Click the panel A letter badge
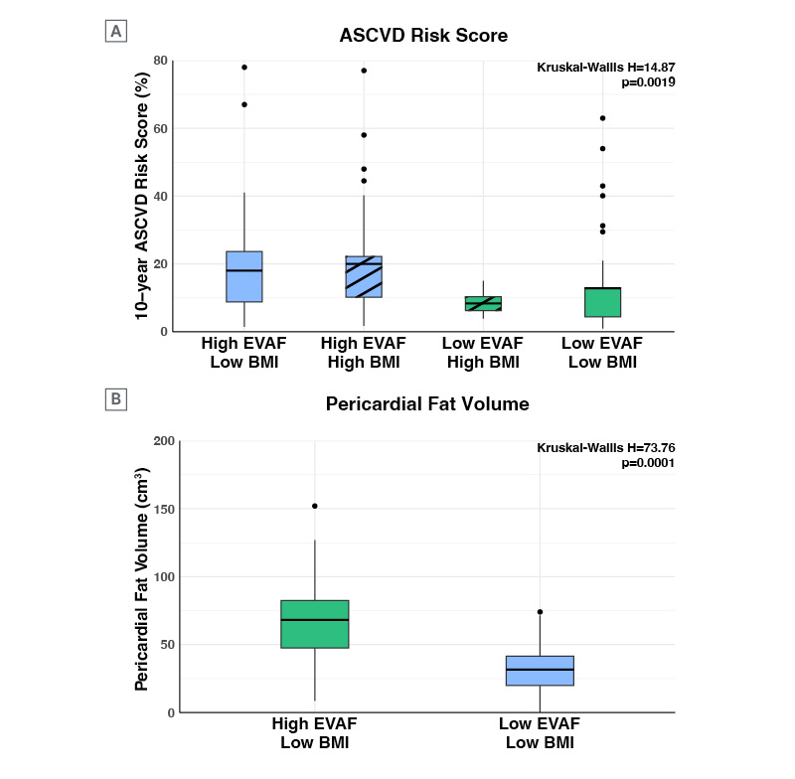(116, 32)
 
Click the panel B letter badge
(116, 400)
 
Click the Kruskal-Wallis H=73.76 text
(606, 448)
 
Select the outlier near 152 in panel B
(315, 506)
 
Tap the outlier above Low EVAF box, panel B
(540, 612)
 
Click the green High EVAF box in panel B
(315, 624)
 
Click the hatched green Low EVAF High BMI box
(483, 303)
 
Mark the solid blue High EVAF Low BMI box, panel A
(244, 276)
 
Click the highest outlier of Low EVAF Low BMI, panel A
(602, 118)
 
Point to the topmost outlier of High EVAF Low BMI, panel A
(244, 68)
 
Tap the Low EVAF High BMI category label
(483, 353)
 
